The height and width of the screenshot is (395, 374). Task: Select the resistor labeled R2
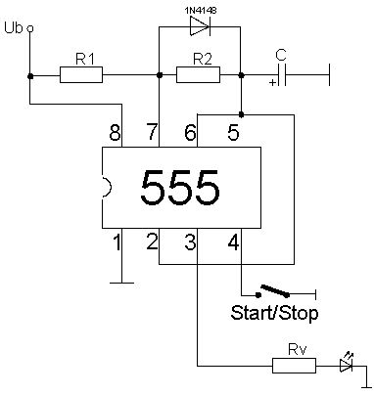click(x=199, y=74)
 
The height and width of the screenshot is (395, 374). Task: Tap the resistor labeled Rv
click(x=295, y=366)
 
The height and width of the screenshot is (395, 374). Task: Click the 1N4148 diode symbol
click(x=199, y=27)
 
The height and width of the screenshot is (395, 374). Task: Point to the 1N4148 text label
click(x=200, y=9)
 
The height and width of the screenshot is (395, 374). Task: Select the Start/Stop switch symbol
click(x=275, y=290)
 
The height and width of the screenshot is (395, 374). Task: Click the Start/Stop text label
click(x=274, y=313)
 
